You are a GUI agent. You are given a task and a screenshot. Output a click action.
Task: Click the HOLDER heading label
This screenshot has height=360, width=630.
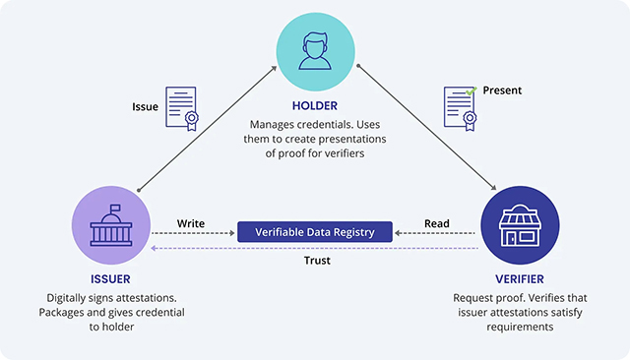tap(315, 106)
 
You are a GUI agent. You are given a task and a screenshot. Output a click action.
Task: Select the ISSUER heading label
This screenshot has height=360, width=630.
tap(110, 278)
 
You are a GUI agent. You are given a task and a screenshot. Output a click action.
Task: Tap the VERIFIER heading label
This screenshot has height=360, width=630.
tap(518, 278)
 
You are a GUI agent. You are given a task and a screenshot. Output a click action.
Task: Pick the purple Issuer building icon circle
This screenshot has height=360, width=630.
tap(110, 227)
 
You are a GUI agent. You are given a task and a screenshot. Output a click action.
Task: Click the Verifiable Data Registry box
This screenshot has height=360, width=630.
tap(315, 232)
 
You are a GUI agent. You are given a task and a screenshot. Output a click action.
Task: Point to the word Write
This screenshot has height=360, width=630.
tap(191, 222)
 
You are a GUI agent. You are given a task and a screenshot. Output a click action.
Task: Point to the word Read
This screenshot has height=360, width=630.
tap(437, 222)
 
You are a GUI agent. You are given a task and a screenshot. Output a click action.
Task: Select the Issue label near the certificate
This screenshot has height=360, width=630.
tap(145, 105)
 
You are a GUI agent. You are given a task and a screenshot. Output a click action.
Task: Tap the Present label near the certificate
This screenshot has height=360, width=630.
tap(502, 90)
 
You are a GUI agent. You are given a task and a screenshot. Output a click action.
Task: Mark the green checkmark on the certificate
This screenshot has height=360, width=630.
tap(472, 90)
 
